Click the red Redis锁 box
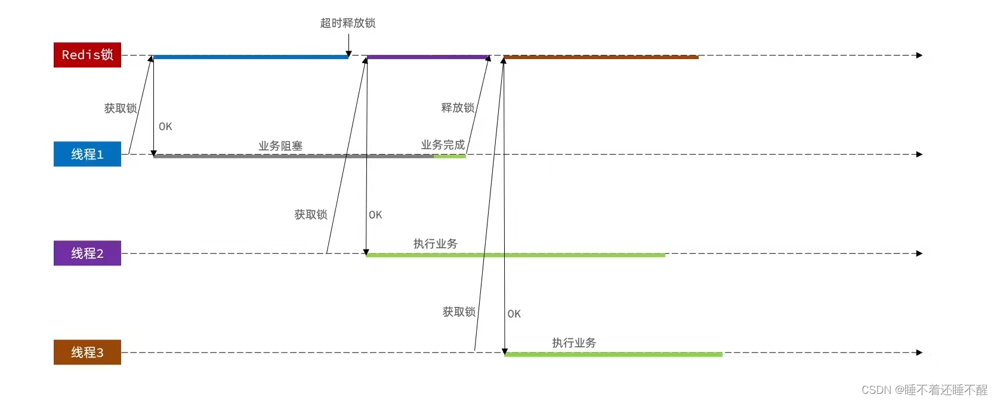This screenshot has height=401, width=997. (x=87, y=55)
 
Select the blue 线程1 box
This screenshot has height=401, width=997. (x=87, y=154)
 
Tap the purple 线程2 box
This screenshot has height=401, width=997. (x=87, y=253)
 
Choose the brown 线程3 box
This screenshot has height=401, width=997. (x=87, y=352)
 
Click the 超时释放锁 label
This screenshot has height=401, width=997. (x=348, y=23)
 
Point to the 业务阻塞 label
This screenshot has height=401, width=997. (x=280, y=146)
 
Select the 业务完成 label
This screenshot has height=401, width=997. (x=443, y=145)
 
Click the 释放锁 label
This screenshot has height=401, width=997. (x=458, y=108)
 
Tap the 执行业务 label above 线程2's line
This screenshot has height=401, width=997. (x=436, y=243)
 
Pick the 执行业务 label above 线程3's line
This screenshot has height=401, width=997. (x=574, y=343)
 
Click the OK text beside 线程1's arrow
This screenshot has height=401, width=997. (x=165, y=127)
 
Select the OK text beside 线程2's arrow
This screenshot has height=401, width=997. (x=375, y=215)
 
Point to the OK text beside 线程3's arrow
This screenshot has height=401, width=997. (x=514, y=314)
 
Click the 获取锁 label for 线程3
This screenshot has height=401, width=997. (x=459, y=311)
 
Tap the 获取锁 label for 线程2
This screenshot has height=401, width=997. (x=311, y=215)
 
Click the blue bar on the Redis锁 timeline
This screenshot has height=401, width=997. (x=251, y=57)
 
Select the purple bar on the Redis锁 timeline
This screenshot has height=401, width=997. (x=427, y=57)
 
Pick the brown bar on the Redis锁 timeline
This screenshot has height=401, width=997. (x=601, y=57)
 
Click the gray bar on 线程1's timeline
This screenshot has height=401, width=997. (x=292, y=156)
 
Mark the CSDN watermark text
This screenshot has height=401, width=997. (x=924, y=390)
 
